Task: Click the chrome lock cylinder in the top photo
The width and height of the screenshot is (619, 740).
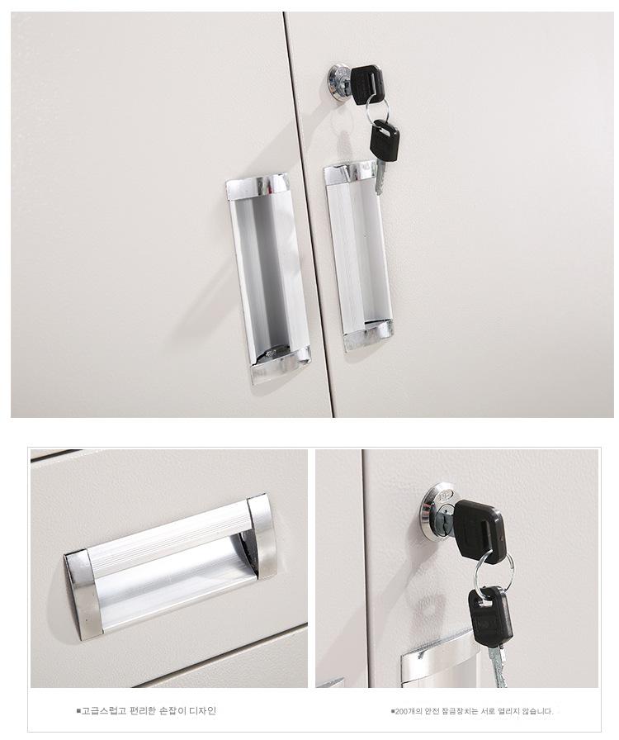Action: [338, 83]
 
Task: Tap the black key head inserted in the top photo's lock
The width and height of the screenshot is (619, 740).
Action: [366, 85]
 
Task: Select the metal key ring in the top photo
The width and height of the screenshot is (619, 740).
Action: [377, 110]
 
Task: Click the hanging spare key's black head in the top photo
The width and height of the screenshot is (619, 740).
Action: [384, 140]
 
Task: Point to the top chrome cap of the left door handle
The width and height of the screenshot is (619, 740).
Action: [258, 186]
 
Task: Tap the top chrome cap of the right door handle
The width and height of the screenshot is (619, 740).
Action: [350, 173]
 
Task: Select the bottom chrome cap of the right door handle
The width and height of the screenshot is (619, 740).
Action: [368, 334]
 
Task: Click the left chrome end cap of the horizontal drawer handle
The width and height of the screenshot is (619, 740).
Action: [83, 595]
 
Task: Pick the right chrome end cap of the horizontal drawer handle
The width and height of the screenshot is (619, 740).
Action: [261, 536]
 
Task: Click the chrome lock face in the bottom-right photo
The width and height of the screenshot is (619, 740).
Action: [437, 512]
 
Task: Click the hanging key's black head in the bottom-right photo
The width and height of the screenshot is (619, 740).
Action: [491, 616]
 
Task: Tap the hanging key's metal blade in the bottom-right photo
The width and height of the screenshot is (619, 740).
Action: [497, 666]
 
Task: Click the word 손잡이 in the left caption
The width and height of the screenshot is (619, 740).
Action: [170, 711]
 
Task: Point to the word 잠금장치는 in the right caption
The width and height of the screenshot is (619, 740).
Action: [458, 711]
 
